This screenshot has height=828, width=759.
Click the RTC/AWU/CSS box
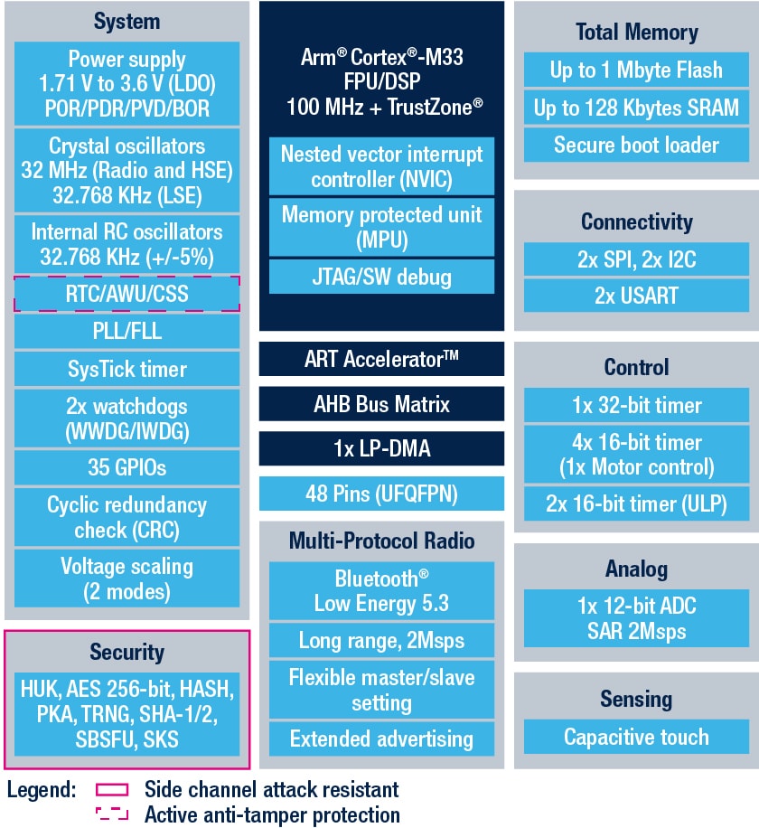click(x=126, y=294)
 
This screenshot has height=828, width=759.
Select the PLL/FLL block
click(x=126, y=331)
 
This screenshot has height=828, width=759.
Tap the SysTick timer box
click(x=126, y=369)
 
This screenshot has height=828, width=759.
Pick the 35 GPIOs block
click(x=126, y=467)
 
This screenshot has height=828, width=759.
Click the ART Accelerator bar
click(x=380, y=359)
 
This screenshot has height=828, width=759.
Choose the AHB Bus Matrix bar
click(x=380, y=404)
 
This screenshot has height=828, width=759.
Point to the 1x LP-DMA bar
click(x=380, y=448)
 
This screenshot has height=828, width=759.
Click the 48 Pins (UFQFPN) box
click(x=380, y=494)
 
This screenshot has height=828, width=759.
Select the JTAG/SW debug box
click(x=380, y=276)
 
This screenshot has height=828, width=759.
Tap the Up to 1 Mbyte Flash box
click(x=636, y=70)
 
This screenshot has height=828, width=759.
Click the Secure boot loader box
click(x=636, y=145)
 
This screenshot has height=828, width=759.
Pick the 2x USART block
click(x=636, y=296)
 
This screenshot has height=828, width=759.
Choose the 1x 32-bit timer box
click(x=636, y=406)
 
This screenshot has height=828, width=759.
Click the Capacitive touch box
click(x=636, y=737)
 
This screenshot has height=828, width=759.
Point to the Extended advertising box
click(x=380, y=739)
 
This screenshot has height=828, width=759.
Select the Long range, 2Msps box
click(x=380, y=641)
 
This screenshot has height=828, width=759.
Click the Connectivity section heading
click(x=636, y=221)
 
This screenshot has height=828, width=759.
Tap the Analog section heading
click(x=636, y=569)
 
